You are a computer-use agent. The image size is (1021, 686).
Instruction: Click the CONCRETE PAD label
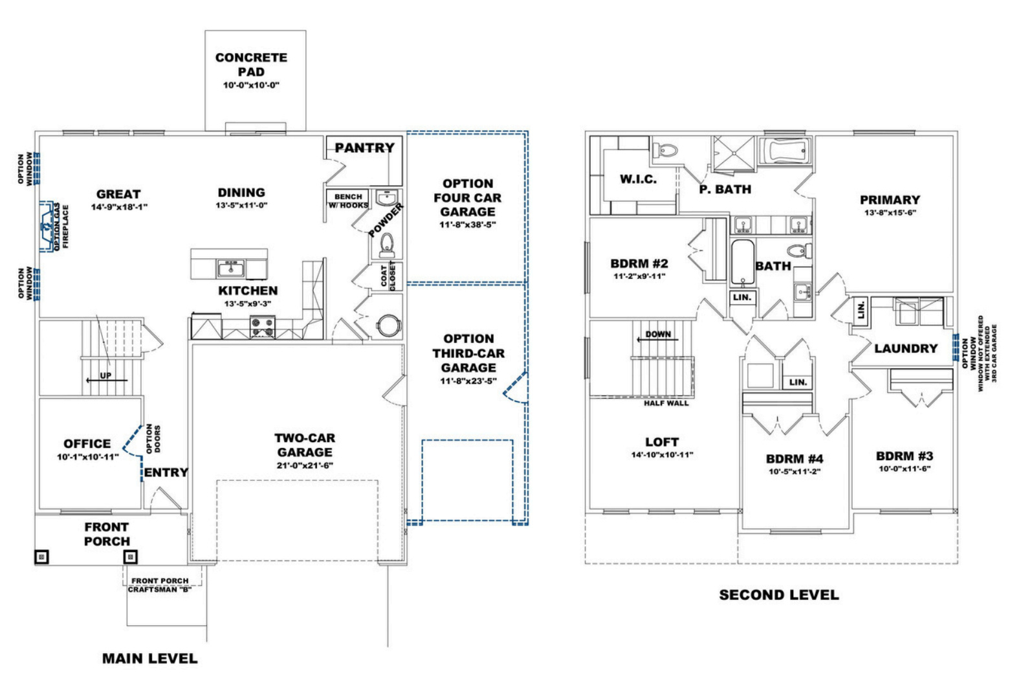click(251, 65)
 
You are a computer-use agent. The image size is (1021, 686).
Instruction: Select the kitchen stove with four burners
click(263, 326)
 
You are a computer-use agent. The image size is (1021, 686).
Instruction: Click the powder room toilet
click(386, 244)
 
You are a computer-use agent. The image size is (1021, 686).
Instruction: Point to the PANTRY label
click(364, 148)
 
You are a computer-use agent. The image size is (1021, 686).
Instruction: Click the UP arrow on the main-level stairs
click(105, 380)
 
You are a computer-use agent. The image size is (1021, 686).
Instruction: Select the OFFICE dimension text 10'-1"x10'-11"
click(87, 458)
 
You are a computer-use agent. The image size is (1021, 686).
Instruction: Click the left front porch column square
click(42, 556)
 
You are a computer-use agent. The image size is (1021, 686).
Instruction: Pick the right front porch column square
click(131, 556)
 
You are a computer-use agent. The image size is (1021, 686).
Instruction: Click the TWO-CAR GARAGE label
click(305, 445)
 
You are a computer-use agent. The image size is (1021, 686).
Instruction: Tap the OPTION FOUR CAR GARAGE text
click(467, 197)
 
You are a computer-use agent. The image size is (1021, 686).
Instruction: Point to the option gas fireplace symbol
click(47, 226)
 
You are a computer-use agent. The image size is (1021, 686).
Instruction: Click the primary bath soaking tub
click(785, 151)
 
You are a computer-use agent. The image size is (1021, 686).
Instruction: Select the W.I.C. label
click(638, 179)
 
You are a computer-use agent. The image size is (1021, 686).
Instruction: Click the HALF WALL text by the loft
click(666, 403)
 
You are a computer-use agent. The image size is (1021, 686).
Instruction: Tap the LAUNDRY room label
click(905, 349)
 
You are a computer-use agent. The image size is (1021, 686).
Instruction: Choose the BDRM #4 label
click(795, 459)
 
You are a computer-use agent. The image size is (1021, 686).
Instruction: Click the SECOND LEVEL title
click(778, 595)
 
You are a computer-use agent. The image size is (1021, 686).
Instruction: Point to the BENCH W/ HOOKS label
click(348, 201)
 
